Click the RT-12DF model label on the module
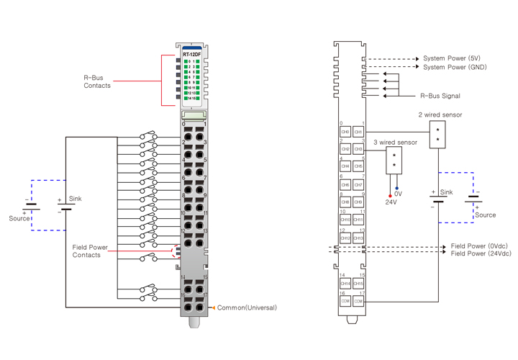coord(192,54)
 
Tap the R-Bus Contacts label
coord(96,81)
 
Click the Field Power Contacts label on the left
coord(91,251)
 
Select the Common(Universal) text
coord(247,307)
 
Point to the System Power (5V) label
coord(452,58)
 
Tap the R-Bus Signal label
coord(440,95)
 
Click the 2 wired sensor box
coord(437,134)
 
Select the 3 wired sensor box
coord(394,161)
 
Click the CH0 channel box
coord(345,132)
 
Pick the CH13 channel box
coord(358,238)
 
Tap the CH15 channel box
coord(358,284)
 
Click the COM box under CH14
coord(345,301)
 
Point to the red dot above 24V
coord(390,195)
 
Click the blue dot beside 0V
coord(396,189)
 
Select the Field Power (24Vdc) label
coord(481,253)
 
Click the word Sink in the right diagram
coord(447,192)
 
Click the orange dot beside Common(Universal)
coord(212,307)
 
